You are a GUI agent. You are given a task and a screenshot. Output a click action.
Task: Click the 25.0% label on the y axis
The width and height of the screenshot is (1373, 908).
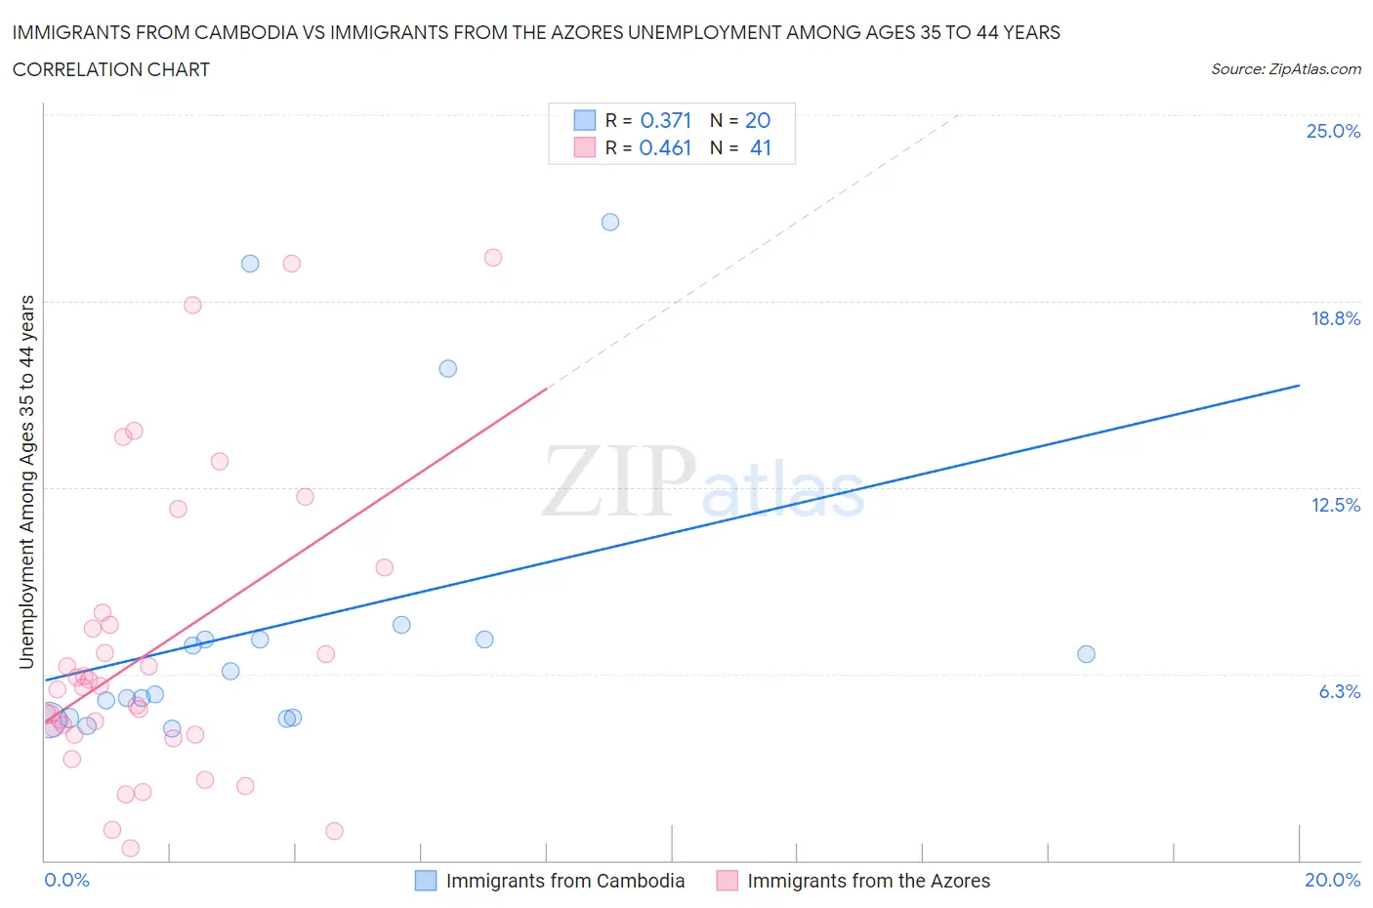[x=1333, y=131]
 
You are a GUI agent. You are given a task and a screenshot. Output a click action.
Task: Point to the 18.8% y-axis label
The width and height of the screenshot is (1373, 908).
[x=1335, y=318]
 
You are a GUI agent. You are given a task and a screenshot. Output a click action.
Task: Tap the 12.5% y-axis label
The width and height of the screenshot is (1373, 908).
[x=1335, y=505]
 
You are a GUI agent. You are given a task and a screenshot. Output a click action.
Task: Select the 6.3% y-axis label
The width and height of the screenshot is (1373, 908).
[x=1339, y=691]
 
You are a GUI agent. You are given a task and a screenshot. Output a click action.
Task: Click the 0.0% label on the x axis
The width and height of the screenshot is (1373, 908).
[x=66, y=880]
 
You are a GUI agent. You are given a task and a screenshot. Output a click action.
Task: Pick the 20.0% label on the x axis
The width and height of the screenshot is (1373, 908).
[x=1332, y=880]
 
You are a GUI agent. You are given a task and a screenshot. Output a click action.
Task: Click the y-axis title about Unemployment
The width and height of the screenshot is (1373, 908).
[x=27, y=481]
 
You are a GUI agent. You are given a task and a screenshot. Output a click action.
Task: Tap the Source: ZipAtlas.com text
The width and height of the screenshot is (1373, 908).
[x=1285, y=69]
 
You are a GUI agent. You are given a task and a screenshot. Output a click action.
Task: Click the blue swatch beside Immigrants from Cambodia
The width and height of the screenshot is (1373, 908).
[x=426, y=881]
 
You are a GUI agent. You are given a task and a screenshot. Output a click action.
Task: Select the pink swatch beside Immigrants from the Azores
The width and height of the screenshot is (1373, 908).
[x=727, y=881]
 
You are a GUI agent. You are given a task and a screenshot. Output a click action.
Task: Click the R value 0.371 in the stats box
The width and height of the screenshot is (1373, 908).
[x=665, y=120]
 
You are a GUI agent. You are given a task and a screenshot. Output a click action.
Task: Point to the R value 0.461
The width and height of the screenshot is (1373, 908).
[x=665, y=147]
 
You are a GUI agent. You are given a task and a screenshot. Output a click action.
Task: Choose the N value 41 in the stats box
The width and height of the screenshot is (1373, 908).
[x=760, y=147]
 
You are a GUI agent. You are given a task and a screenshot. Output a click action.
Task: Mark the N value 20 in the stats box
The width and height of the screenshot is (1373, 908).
[x=758, y=120]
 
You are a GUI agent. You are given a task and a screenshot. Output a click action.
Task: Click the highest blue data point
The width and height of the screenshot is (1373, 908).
[x=610, y=222]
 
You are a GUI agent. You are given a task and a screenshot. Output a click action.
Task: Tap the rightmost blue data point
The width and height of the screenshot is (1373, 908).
[x=1086, y=654]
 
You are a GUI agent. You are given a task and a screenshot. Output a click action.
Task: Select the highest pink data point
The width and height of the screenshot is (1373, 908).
[x=493, y=258]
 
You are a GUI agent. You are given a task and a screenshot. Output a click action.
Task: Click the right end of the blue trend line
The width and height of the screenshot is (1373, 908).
[x=1299, y=386]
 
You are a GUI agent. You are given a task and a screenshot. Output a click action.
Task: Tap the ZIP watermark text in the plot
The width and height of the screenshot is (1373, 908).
[x=619, y=480]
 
